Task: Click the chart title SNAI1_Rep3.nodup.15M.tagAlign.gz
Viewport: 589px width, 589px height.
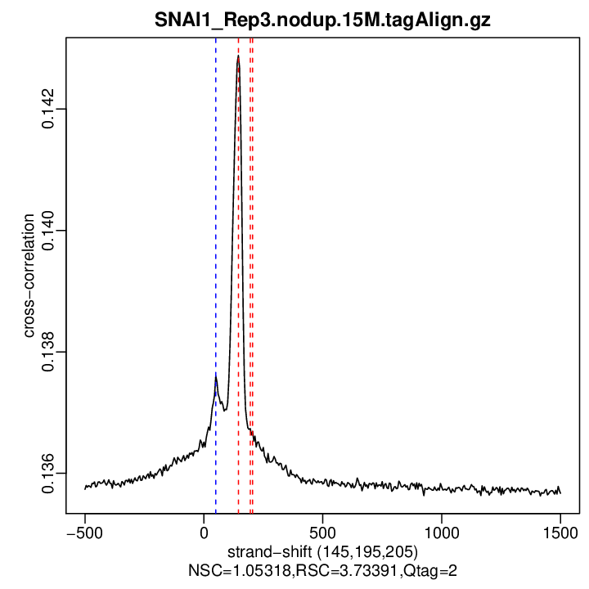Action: [322, 20]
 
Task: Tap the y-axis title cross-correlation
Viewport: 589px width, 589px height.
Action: [29, 277]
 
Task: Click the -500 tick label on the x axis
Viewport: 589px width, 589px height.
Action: [84, 531]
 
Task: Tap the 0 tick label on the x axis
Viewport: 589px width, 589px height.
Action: [204, 531]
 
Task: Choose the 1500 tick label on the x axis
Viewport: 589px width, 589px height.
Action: [560, 531]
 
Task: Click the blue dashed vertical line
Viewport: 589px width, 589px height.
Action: [216, 245]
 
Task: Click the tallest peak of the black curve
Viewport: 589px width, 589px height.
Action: [238, 57]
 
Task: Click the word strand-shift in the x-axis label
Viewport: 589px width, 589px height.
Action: [269, 550]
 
